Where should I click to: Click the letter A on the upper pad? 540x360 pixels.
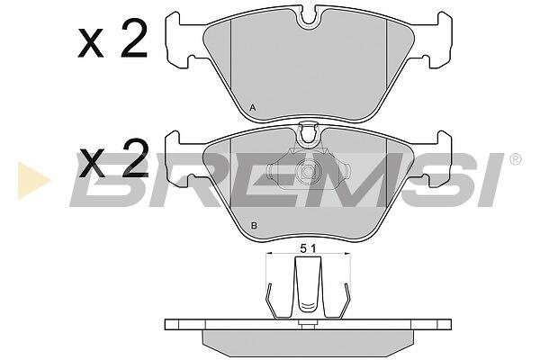253,108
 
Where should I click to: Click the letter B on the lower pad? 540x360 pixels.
254,226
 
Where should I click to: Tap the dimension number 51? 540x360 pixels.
308,248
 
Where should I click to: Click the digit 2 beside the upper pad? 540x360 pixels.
134,39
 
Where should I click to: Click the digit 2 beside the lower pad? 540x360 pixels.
135,159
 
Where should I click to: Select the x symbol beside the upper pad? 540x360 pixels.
91,44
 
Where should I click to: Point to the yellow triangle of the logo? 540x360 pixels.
33,181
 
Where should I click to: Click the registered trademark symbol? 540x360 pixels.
515,159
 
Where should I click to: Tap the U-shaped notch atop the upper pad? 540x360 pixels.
308,19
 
